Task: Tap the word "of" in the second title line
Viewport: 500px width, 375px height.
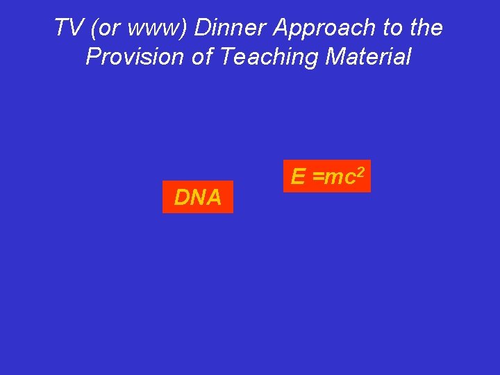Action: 201,57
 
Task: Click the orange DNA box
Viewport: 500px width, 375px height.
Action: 198,197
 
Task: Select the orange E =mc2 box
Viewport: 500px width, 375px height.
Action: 326,176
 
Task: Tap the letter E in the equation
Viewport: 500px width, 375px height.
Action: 298,177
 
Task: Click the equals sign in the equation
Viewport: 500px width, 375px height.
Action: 318,178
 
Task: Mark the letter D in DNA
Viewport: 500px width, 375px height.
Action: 181,198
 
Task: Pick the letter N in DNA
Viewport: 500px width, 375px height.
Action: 197,198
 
